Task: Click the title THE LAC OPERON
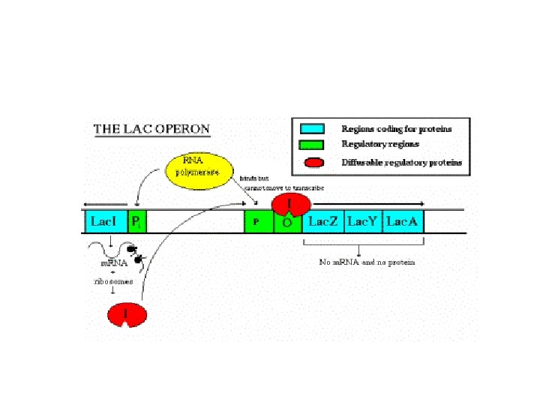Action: (x=151, y=128)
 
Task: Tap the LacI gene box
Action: (x=104, y=221)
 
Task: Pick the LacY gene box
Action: (x=363, y=221)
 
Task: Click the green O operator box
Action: (x=287, y=223)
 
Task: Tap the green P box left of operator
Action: (x=258, y=221)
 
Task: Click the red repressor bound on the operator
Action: (x=290, y=203)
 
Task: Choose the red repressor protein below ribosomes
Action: (x=127, y=315)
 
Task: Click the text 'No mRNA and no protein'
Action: (x=367, y=262)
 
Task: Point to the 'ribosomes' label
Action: (x=112, y=281)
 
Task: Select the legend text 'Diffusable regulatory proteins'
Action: (x=402, y=162)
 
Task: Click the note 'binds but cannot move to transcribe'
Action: (x=282, y=183)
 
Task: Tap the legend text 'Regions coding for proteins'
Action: (x=397, y=129)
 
